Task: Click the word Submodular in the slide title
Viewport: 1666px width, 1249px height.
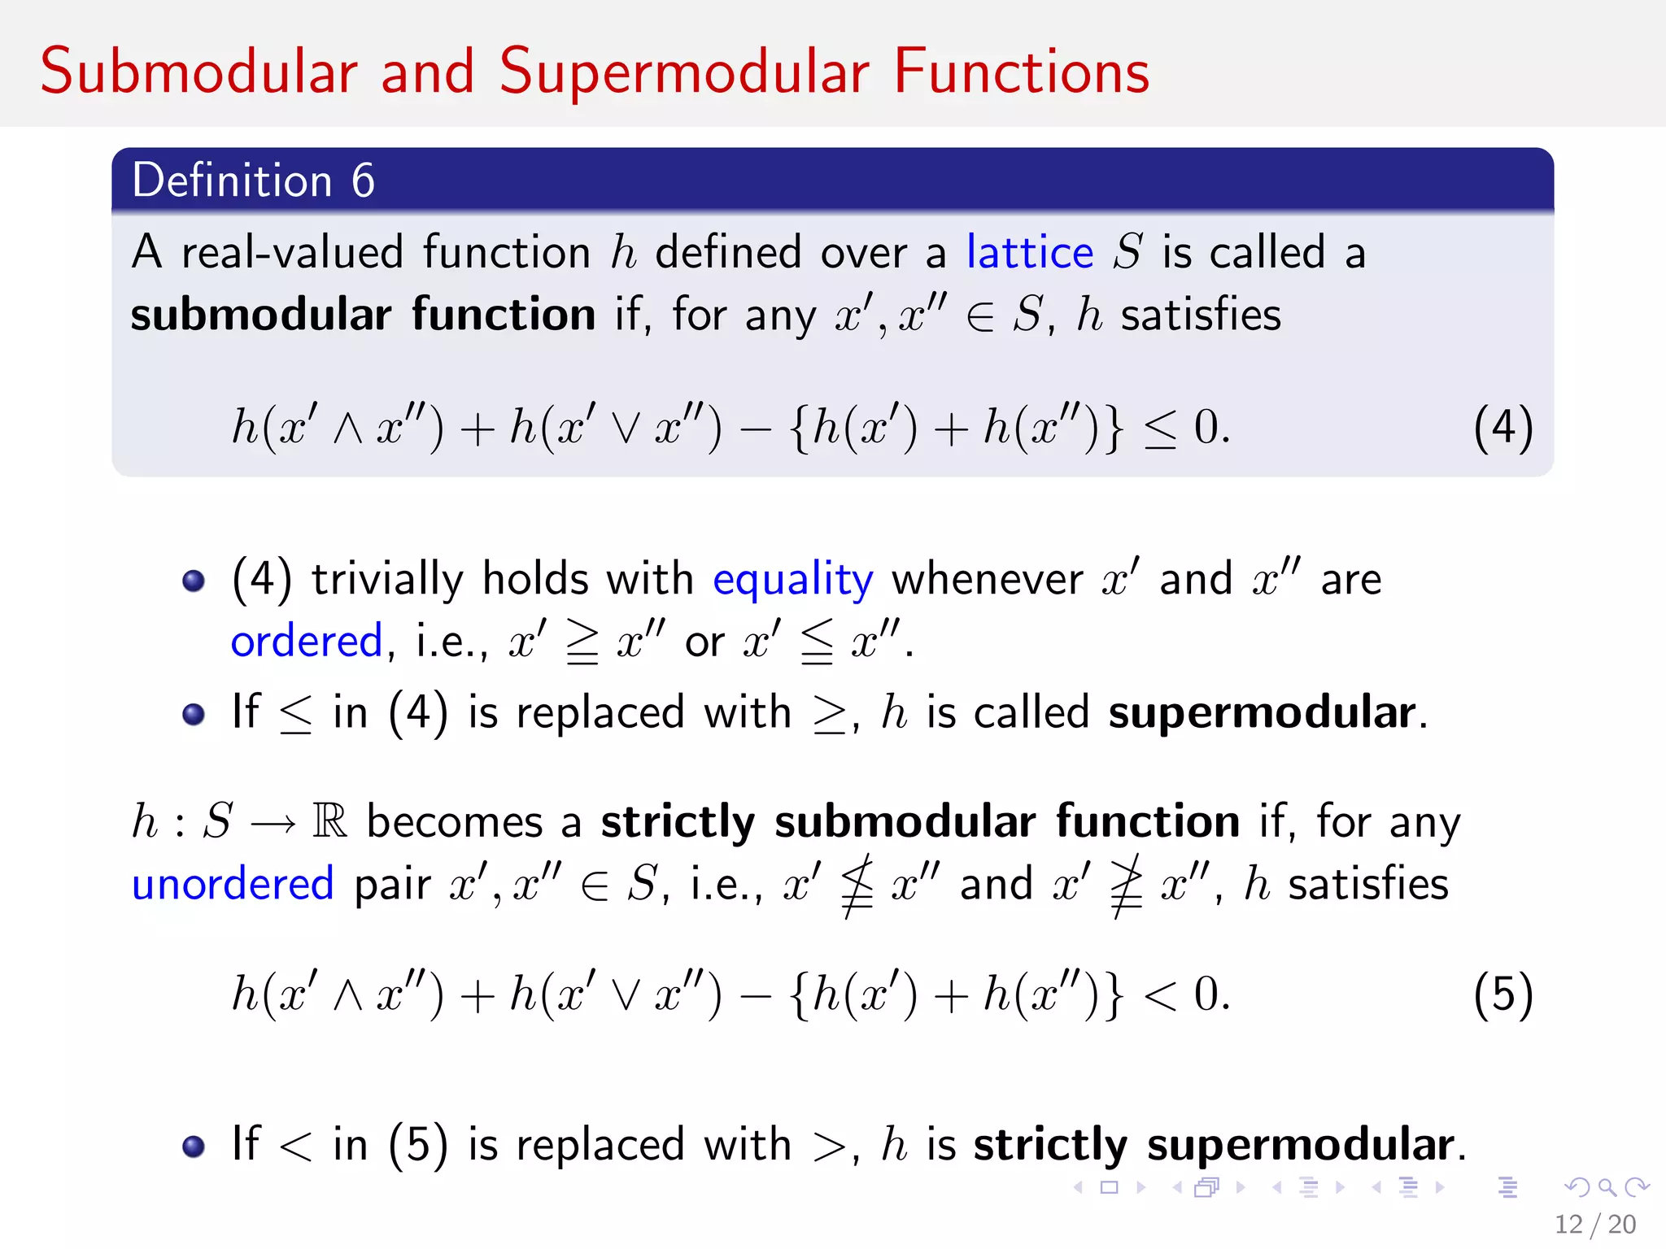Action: click(x=199, y=72)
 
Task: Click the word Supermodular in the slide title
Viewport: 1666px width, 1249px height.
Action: click(x=684, y=72)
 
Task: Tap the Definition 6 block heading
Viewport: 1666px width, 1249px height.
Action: click(x=253, y=180)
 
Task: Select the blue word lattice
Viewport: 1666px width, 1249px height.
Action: click(x=1029, y=252)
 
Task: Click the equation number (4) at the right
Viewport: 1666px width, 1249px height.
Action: click(x=1502, y=428)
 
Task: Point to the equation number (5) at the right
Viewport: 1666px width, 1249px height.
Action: click(x=1502, y=994)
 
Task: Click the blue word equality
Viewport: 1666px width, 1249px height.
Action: click(x=792, y=580)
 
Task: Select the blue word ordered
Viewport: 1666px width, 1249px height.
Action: click(x=306, y=642)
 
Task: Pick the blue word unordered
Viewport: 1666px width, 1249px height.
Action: click(x=233, y=884)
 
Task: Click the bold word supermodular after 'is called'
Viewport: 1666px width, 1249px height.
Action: click(x=1262, y=713)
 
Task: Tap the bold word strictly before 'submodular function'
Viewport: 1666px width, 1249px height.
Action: click(x=678, y=821)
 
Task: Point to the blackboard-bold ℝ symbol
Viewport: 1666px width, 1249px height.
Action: click(x=330, y=821)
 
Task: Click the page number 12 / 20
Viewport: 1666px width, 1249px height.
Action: click(x=1594, y=1224)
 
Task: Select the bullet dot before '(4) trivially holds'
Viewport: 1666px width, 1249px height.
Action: click(x=194, y=581)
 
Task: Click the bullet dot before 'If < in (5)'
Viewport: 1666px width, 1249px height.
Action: click(x=194, y=1146)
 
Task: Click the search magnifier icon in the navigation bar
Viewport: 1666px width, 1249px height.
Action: click(x=1607, y=1188)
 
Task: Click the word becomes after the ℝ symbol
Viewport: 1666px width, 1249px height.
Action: click(x=454, y=821)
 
